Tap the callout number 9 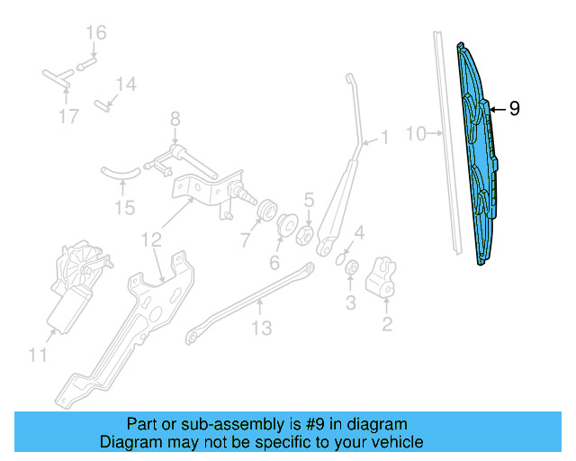click(x=514, y=109)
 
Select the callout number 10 click(x=415, y=134)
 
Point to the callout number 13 click(x=260, y=329)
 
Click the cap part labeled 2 click(x=385, y=276)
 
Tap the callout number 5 click(x=308, y=200)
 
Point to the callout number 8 click(x=175, y=118)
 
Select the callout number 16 click(x=95, y=33)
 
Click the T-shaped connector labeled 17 click(x=56, y=78)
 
